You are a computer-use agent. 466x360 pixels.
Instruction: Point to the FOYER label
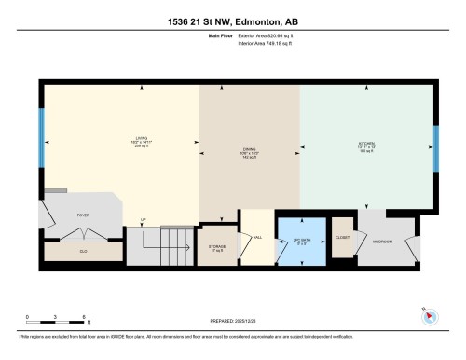[82, 214]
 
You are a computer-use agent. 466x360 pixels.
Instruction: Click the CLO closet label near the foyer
[83, 249]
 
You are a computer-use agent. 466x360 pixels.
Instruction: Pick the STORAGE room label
[218, 247]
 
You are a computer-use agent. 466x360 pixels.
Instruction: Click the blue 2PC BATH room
[301, 242]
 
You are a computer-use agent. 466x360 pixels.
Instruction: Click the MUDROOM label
[383, 242]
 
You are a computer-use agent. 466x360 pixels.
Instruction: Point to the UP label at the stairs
[143, 220]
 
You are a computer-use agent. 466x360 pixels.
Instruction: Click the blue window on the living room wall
[41, 135]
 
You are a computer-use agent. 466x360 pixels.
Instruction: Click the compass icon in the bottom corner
[430, 316]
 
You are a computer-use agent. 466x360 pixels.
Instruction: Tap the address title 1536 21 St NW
[233, 19]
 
